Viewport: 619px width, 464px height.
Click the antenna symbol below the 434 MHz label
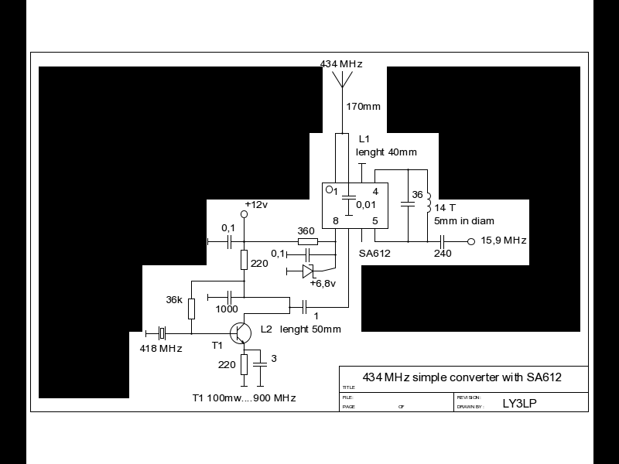[x=341, y=80]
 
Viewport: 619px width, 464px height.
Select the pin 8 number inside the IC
[x=335, y=221]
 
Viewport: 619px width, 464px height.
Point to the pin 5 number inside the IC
[x=374, y=221]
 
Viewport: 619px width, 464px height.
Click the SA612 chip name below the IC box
[x=375, y=252]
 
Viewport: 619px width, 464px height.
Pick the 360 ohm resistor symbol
[x=307, y=241]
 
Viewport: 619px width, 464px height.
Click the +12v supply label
[x=256, y=204]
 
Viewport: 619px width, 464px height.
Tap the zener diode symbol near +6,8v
[x=307, y=271]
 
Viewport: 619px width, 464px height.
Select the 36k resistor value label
[x=175, y=300]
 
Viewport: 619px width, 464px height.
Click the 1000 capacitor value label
[x=227, y=309]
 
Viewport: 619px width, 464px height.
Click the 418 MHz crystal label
[x=161, y=349]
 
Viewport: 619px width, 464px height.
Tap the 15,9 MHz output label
[x=504, y=241]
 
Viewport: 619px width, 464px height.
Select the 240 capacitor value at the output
[x=442, y=254]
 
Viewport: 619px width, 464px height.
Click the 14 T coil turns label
[x=445, y=208]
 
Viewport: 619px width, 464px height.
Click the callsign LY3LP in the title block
[x=519, y=402]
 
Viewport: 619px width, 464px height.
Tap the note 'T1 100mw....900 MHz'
[x=244, y=397]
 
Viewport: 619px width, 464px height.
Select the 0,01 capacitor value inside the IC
[x=365, y=204]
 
